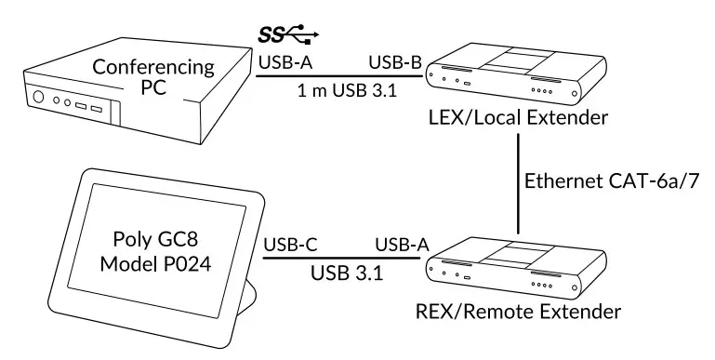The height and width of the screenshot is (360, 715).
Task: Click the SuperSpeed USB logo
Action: tap(289, 36)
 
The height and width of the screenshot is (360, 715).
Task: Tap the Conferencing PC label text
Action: tap(154, 81)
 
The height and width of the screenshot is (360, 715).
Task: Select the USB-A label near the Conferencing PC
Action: tap(284, 63)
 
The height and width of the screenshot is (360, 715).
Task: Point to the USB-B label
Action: tap(395, 63)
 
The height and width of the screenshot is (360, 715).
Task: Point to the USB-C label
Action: tap(292, 245)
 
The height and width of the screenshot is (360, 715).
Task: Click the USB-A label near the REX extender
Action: tap(402, 245)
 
